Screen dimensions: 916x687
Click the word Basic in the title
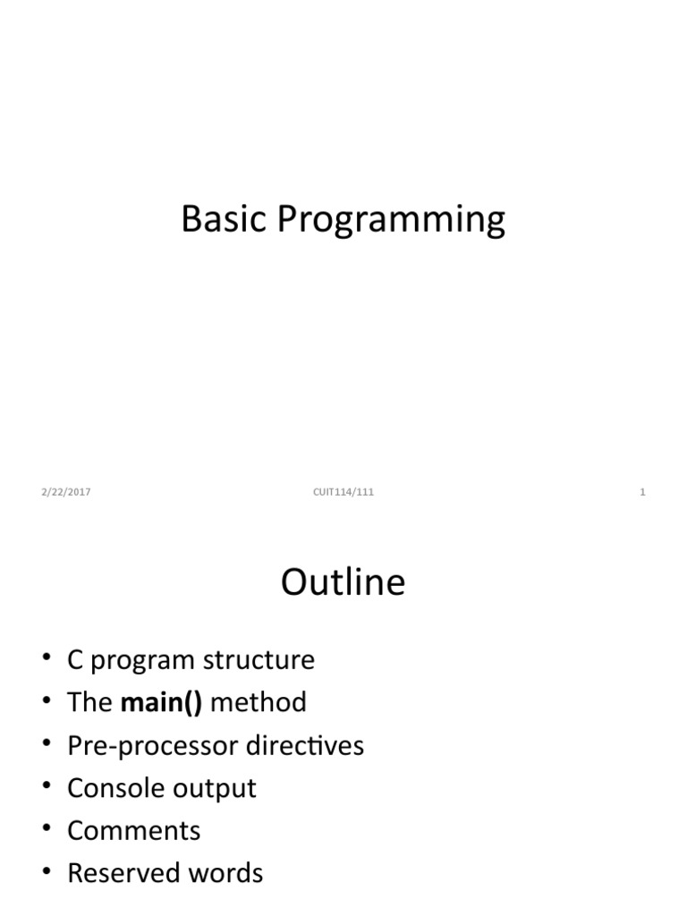pyautogui.click(x=224, y=219)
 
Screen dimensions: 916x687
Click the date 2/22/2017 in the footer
pyautogui.click(x=65, y=492)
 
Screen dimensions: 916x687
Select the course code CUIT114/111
pyautogui.click(x=343, y=492)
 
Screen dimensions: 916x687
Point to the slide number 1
pyautogui.click(x=642, y=492)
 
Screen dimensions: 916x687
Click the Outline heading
pyautogui.click(x=343, y=582)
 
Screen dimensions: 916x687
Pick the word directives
pyautogui.click(x=307, y=745)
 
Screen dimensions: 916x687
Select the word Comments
pyautogui.click(x=134, y=830)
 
